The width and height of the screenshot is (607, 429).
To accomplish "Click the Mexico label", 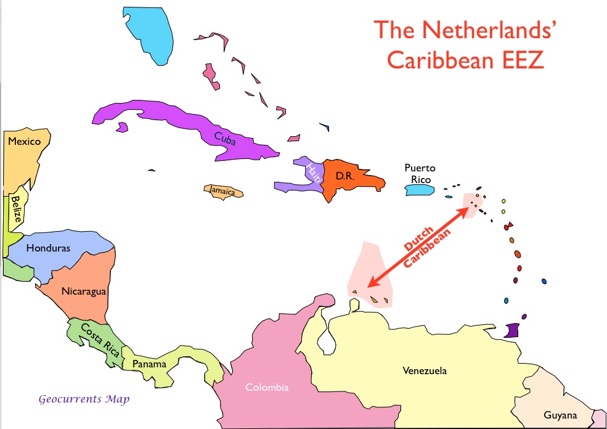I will tap(24, 142).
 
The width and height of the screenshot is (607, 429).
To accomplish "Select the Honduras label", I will tap(48, 248).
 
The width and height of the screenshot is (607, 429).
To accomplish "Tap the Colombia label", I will tap(267, 388).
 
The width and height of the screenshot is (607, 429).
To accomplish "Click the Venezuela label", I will tap(425, 371).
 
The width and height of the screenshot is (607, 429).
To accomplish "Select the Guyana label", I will tap(560, 415).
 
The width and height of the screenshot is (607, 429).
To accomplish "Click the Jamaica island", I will tap(224, 191).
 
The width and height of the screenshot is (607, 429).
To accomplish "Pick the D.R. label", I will tap(344, 176).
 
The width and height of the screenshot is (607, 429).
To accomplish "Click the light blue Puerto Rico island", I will tap(418, 191).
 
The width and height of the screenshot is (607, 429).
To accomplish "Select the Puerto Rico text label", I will tap(420, 173).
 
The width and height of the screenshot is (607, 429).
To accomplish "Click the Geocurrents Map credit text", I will tap(84, 399).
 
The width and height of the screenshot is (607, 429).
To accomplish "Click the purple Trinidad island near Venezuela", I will tap(513, 330).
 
